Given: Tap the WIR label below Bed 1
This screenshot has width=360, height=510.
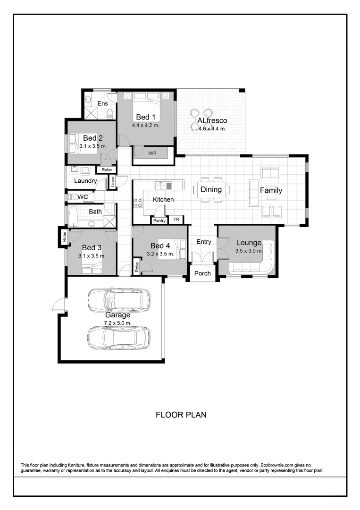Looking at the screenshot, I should (x=152, y=153).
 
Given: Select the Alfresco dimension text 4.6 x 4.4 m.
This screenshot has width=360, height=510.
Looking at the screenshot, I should (x=212, y=128).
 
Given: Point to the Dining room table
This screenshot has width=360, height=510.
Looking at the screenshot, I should (x=211, y=190).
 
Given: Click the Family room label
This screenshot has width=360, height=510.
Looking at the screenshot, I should (x=271, y=190).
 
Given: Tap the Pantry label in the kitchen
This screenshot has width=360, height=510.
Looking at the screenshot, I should (x=159, y=220).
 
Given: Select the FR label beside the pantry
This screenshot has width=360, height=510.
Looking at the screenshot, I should (x=176, y=220).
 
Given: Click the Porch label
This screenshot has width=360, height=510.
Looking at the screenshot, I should (x=203, y=273).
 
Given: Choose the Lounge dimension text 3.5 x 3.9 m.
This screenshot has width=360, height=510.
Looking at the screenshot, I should (x=249, y=251).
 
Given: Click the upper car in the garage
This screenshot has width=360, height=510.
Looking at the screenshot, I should (x=119, y=299).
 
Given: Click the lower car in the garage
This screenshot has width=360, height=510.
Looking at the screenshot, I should (x=119, y=337).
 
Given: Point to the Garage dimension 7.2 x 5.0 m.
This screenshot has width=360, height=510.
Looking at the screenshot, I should (x=117, y=323).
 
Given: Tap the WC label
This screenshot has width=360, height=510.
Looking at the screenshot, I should (x=83, y=196).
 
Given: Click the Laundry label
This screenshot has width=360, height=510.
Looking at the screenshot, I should (x=85, y=181).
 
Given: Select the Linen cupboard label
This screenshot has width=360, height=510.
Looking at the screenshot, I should (x=113, y=182).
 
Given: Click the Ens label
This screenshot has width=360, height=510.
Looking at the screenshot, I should (x=102, y=103).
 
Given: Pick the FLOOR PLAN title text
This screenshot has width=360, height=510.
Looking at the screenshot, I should (x=181, y=415).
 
